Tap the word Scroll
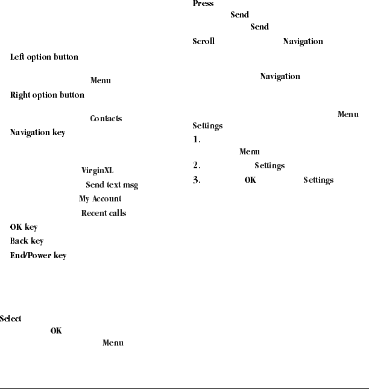click(203, 42)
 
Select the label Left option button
click(44, 57)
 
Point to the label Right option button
click(47, 95)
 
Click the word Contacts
click(106, 118)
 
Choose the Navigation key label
click(37, 132)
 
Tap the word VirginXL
click(97, 171)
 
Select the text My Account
click(100, 199)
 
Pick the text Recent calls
click(104, 213)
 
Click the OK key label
click(24, 227)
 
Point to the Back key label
click(27, 241)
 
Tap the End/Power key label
click(38, 256)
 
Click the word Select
click(11, 318)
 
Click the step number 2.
click(196, 165)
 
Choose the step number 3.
click(196, 180)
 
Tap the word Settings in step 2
click(270, 166)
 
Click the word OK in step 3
click(250, 180)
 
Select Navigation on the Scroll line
click(303, 42)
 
